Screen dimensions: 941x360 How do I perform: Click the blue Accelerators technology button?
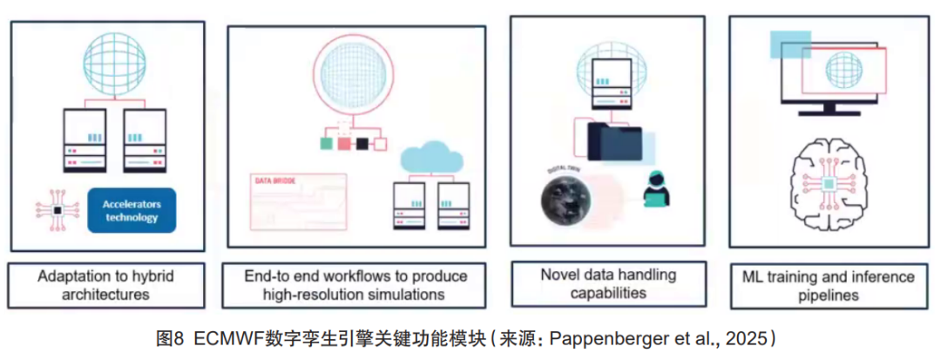point(132,211)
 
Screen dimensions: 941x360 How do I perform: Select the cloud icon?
point(433,160)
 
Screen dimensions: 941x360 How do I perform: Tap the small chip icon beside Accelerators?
point(57,212)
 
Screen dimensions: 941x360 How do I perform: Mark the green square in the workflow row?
point(325,144)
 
